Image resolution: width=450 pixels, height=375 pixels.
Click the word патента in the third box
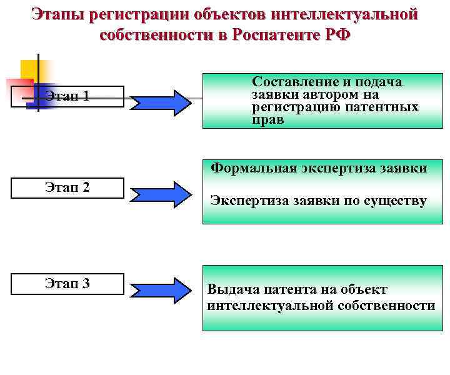coord(282,289)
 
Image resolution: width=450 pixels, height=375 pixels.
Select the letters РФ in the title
coord(338,34)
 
